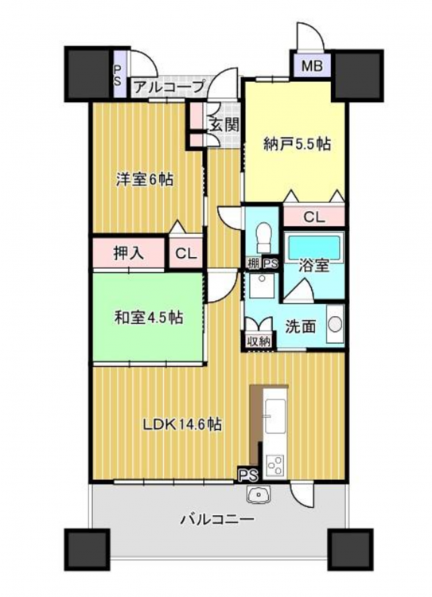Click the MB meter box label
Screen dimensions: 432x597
312,66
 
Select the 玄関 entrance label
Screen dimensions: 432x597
224,125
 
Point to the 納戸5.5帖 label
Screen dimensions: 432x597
298,144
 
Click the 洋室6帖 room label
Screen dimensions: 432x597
145,179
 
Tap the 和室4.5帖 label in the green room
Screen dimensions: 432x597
149,317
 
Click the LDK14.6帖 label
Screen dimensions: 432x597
182,423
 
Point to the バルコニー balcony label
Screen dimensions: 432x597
217,518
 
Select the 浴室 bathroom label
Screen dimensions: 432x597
313,266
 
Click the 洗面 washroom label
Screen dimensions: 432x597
301,326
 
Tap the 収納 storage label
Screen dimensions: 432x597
260,341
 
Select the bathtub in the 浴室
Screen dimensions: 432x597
313,246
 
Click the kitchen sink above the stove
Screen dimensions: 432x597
274,416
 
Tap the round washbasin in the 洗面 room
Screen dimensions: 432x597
335,325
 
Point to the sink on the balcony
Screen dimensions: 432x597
259,495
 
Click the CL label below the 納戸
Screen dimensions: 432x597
314,217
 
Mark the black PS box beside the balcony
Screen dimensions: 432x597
248,474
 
